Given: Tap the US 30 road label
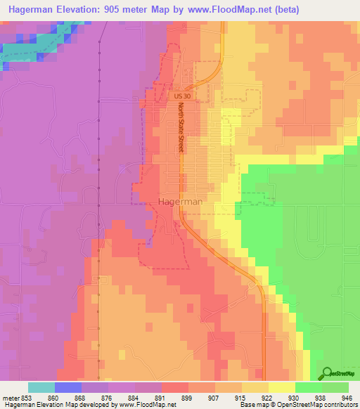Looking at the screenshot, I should pos(181,94).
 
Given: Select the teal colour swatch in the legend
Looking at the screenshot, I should pos(41,387).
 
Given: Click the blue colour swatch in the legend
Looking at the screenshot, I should pos(68,387).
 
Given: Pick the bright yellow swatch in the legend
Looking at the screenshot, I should pos(282,387).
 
